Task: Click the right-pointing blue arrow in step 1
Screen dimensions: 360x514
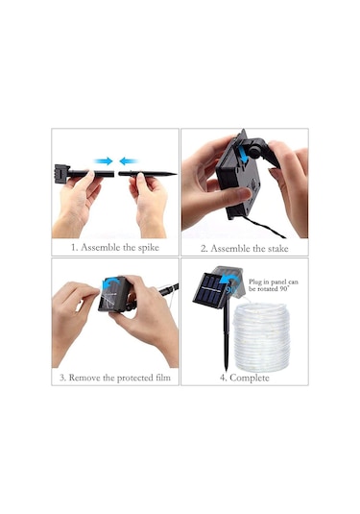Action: tap(104, 161)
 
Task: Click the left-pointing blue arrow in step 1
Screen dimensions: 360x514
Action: tap(129, 161)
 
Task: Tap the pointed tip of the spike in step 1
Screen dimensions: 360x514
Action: tap(177, 174)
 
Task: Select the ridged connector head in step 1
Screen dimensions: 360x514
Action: tap(61, 171)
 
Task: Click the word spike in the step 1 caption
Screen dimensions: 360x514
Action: tap(148, 248)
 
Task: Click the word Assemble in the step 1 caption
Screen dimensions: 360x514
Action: tap(101, 247)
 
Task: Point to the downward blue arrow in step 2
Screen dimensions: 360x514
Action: tap(243, 154)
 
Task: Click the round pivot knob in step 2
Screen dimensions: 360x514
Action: tap(254, 150)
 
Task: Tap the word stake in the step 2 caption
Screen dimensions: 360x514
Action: tap(278, 249)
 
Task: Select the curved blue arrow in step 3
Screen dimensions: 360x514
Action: tap(110, 282)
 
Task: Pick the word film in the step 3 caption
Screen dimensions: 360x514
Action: tap(162, 378)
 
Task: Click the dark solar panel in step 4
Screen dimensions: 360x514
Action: tap(209, 290)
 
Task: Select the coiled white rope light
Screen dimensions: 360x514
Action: tap(261, 336)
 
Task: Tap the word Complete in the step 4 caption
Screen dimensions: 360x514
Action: tap(250, 378)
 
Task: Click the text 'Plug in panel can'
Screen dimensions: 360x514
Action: tap(274, 281)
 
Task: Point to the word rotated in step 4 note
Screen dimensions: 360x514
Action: tap(267, 289)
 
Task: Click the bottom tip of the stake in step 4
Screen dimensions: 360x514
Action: tap(226, 370)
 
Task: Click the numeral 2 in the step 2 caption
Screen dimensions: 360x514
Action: tap(204, 249)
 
